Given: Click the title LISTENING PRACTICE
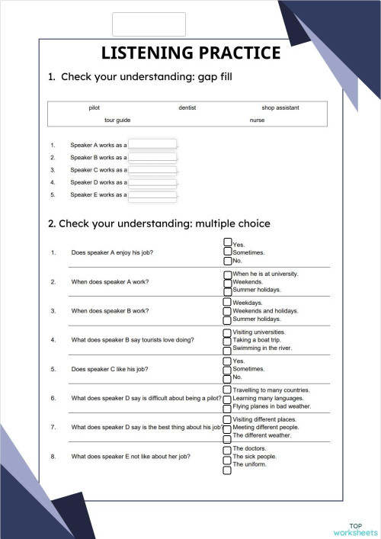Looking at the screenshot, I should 190,53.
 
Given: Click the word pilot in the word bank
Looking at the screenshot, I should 94,108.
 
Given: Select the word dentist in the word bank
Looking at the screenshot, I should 187,108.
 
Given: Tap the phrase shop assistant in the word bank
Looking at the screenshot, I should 280,108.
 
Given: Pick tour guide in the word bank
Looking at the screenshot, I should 117,120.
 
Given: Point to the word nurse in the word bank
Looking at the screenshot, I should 257,120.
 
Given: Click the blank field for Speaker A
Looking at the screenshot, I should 152,145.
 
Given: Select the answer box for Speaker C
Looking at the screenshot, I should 152,170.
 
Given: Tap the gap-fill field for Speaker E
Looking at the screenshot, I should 152,195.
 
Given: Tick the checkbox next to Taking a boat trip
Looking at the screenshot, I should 227,341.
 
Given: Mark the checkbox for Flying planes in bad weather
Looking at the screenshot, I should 227,408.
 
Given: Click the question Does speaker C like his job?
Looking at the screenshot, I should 110,369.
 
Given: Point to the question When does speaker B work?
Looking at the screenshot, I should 110,311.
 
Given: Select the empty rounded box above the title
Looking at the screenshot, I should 149,24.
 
